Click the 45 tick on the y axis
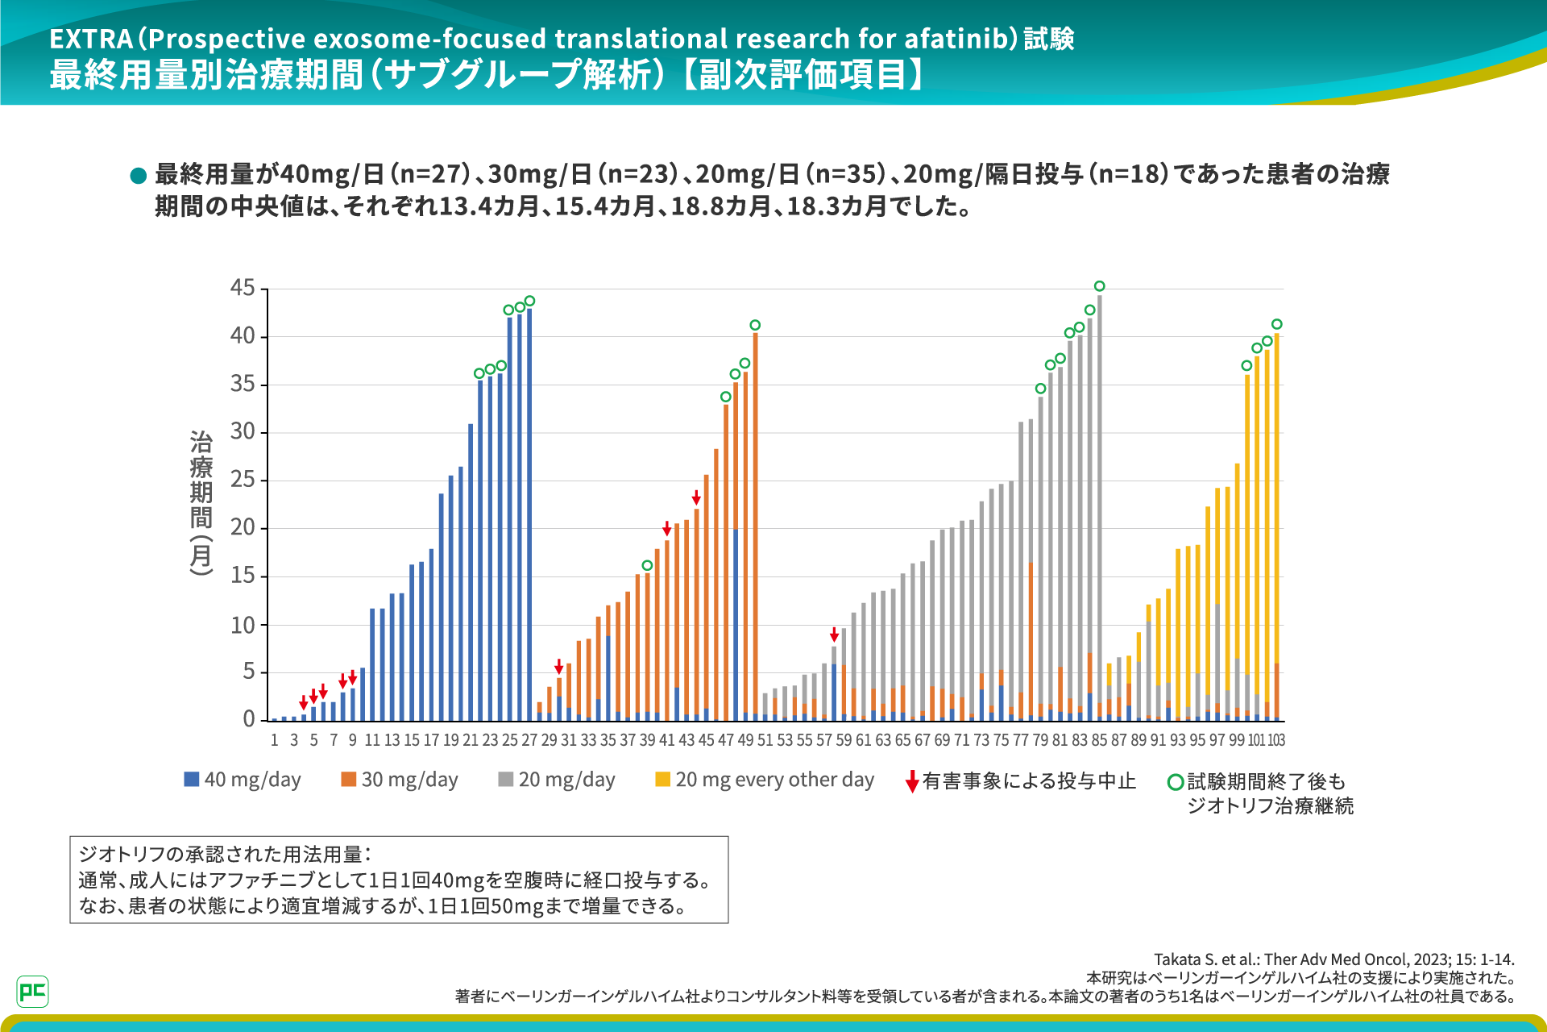pos(243,288)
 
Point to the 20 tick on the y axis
pos(243,527)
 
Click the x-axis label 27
pos(529,740)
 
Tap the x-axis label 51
pos(765,740)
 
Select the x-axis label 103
pos(1276,740)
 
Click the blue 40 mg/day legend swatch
pos(192,779)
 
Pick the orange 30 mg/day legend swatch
pos(348,779)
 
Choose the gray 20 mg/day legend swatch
pos(506,779)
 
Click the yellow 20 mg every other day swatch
pos(662,779)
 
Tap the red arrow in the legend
pos(912,781)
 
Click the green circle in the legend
pos(1176,782)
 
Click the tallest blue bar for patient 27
pos(529,516)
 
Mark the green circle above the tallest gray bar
pos(1100,286)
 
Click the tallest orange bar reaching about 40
pos(755,524)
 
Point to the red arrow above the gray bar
pos(834,635)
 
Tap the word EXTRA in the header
pos(91,39)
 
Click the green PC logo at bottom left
pos(32,991)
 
